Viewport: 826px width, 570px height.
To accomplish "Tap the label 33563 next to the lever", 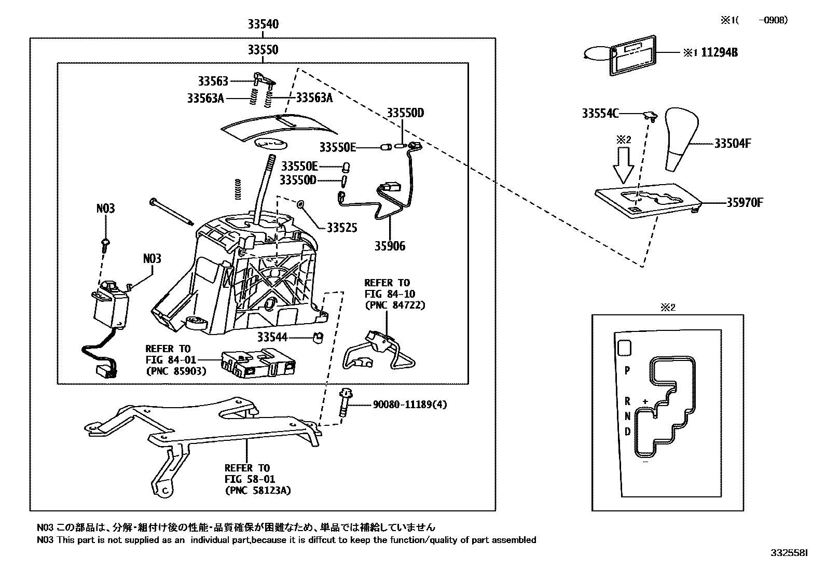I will [213, 81].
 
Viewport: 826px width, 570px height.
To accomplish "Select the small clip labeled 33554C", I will [649, 115].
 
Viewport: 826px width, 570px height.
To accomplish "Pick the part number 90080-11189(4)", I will [409, 405].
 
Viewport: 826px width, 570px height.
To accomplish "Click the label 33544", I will [272, 337].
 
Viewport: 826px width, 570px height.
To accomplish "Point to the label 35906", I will [390, 246].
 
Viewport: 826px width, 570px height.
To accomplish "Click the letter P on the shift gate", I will [627, 370].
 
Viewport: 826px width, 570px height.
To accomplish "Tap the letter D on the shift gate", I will [627, 431].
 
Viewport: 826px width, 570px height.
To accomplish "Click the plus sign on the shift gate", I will [645, 401].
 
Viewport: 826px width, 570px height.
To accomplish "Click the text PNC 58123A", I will [257, 490].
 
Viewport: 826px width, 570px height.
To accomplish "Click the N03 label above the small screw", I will [105, 208].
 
